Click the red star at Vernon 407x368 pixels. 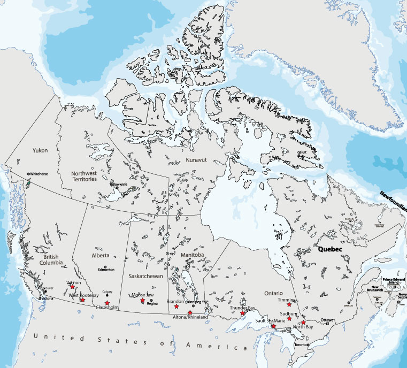(72, 287)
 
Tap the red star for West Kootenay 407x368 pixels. (82, 300)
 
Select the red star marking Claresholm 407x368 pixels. (107, 303)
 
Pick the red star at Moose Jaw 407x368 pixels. (142, 301)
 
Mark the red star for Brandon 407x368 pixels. (176, 306)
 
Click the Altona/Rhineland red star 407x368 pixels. (190, 312)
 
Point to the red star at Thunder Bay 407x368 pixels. (243, 313)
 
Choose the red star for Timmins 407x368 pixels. (289, 305)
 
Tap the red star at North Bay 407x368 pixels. (303, 323)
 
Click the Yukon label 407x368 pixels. (40, 150)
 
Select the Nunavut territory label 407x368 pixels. (196, 160)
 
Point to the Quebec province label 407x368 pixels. (329, 249)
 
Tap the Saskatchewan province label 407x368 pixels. (145, 275)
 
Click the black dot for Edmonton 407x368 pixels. (106, 266)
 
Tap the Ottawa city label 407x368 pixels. (327, 320)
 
